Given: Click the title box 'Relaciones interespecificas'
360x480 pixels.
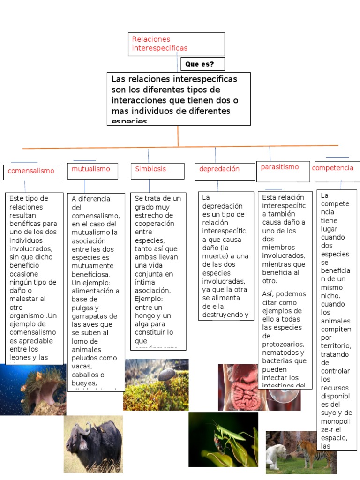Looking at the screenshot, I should point(177,44).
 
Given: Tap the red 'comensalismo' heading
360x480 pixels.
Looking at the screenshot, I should point(31,171).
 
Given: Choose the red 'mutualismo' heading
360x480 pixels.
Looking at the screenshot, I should point(91,169).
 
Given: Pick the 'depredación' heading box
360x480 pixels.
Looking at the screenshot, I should point(220,169).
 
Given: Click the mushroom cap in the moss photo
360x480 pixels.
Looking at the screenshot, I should point(166,374).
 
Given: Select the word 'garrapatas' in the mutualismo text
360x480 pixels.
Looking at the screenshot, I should point(90,316).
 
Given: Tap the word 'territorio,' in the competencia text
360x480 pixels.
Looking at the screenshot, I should point(336,346).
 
